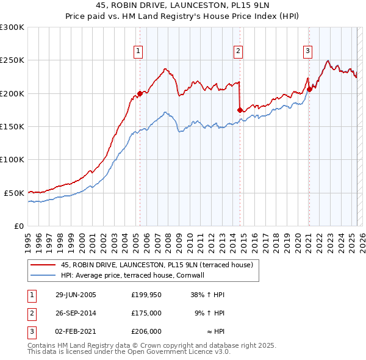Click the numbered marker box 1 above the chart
[140, 52]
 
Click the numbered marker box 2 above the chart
[239, 52]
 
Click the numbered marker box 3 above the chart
[308, 52]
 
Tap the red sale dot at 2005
[140, 93]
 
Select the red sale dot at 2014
[240, 110]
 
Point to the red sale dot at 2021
[309, 89]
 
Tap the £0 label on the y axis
[18, 226]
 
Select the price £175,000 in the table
[146, 313]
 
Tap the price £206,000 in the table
[146, 331]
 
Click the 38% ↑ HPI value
[209, 294]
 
